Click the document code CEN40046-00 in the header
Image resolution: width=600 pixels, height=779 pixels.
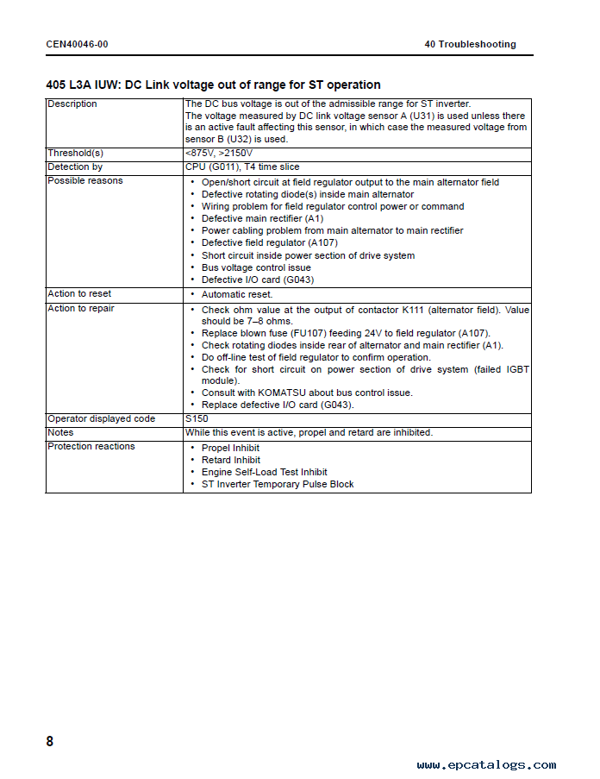coord(78,44)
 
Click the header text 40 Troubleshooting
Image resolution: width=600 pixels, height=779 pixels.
coord(470,44)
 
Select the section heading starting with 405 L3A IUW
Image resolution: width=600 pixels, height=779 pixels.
coord(213,85)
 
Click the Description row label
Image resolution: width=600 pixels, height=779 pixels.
coord(72,104)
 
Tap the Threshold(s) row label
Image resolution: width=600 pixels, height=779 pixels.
coord(75,153)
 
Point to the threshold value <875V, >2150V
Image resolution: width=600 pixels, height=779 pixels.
coord(219,153)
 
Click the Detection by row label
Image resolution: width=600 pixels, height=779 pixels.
coord(75,166)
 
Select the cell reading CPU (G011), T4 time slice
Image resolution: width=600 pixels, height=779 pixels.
coord(242,166)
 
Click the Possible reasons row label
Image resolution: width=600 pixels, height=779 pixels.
coord(85,180)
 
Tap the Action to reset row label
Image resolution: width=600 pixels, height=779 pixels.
coord(79,294)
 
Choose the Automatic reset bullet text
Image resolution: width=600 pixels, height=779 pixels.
coord(237,295)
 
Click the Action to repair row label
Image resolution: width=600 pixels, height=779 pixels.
coord(81,308)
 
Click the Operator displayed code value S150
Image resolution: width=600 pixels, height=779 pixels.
coord(197,418)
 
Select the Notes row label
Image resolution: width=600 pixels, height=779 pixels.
coord(60,432)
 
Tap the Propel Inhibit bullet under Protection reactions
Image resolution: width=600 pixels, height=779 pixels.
coord(230,448)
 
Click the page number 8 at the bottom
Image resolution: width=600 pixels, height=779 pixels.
coord(50,741)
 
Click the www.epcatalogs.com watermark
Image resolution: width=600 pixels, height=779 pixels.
coord(486,764)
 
